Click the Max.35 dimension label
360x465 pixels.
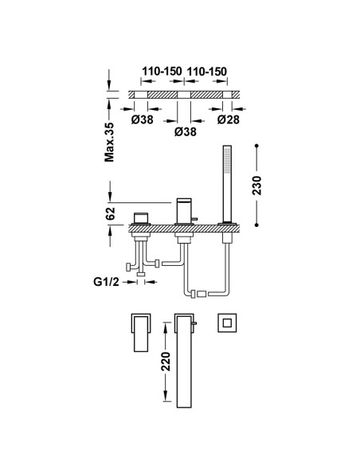[x=109, y=142]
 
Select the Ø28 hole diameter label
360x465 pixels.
[x=228, y=119]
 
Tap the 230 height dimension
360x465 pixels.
[x=256, y=186]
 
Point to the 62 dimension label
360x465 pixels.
[x=110, y=213]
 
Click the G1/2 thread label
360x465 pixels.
[x=106, y=282]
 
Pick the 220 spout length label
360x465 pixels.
[x=166, y=361]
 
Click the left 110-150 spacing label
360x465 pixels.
[x=162, y=72]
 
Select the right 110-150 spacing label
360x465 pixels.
[x=206, y=72]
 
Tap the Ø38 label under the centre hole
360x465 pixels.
[x=186, y=131]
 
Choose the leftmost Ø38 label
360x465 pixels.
[x=143, y=119]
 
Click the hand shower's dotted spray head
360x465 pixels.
[x=227, y=159]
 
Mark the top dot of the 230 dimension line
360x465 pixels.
[x=256, y=146]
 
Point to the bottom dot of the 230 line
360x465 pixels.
[x=256, y=225]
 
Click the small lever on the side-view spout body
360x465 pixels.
[x=194, y=219]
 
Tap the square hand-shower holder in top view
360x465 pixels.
[x=227, y=322]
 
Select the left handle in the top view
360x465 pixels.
[x=141, y=333]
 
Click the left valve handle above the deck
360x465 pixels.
[x=141, y=218]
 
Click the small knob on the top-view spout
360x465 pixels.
[x=195, y=323]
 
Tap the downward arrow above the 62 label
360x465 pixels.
[x=110, y=191]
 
